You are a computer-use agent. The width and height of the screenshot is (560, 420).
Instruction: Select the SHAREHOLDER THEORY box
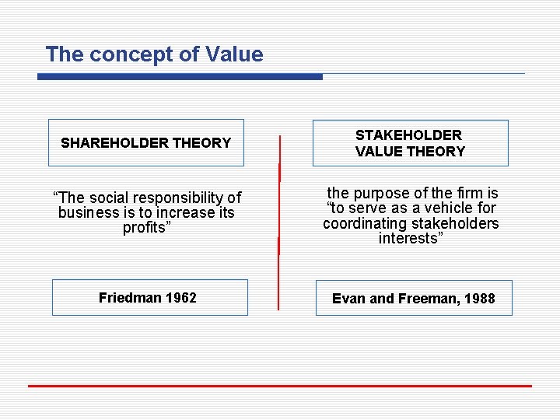click(146, 142)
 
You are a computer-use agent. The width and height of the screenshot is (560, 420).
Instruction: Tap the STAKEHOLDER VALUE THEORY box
click(411, 143)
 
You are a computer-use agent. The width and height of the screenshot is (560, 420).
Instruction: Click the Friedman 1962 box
click(149, 297)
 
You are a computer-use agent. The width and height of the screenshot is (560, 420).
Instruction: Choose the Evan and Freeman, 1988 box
click(414, 298)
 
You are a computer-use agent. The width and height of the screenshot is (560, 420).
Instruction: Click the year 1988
click(479, 299)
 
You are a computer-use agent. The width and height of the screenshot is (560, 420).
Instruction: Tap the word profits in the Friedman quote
click(146, 228)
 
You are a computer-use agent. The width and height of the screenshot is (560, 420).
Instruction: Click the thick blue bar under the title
click(180, 76)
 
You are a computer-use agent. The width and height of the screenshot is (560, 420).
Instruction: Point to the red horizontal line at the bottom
click(280, 386)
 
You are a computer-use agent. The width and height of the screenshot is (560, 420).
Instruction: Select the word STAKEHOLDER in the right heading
click(408, 135)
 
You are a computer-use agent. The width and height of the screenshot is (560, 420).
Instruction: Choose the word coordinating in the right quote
click(363, 223)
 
